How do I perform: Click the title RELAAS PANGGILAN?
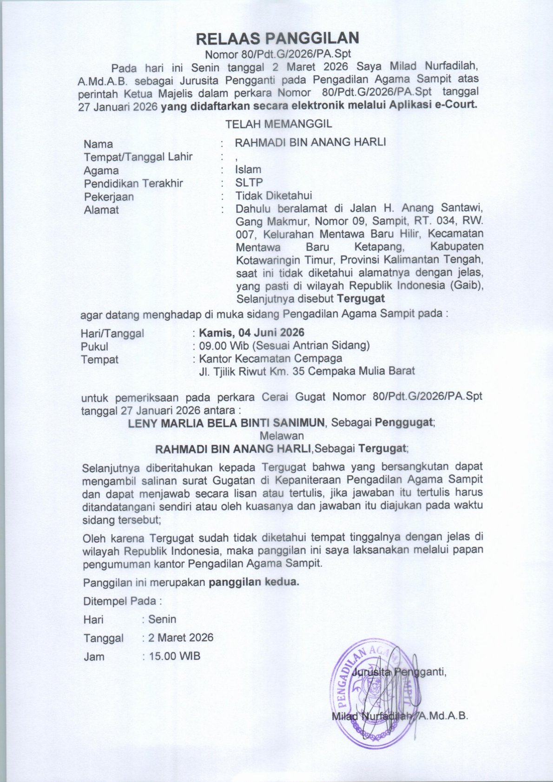[x=277, y=38]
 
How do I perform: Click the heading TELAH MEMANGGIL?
[x=278, y=125]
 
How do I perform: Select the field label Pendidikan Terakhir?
[x=133, y=184]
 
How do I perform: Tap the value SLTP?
[x=249, y=183]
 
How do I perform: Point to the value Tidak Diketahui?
[x=273, y=196]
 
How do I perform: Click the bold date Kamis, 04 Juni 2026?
[x=251, y=333]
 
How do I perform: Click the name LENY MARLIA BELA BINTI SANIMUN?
[x=226, y=423]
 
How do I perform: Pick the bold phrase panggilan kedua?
[x=254, y=582]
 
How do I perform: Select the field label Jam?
[x=94, y=657]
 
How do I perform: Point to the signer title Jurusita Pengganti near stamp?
[x=399, y=672]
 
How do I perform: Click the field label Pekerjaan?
[x=109, y=197]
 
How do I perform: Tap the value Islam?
[x=248, y=170]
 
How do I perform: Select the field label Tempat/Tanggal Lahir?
[x=138, y=157]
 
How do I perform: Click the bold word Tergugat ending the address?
[x=361, y=298]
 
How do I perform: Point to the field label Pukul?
[x=94, y=347]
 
